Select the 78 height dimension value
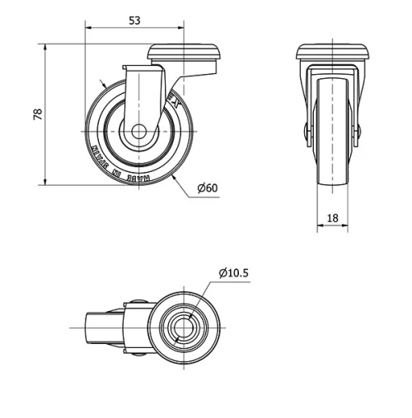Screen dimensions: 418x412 pyautogui.click(x=35, y=114)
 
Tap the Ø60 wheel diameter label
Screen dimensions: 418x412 pyautogui.click(x=208, y=188)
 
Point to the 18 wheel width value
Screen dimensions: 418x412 pyautogui.click(x=333, y=217)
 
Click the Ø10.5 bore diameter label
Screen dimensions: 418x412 pyautogui.click(x=234, y=272)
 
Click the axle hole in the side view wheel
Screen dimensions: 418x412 pyautogui.click(x=139, y=131)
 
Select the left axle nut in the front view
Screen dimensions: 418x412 pyautogui.click(x=306, y=131)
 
